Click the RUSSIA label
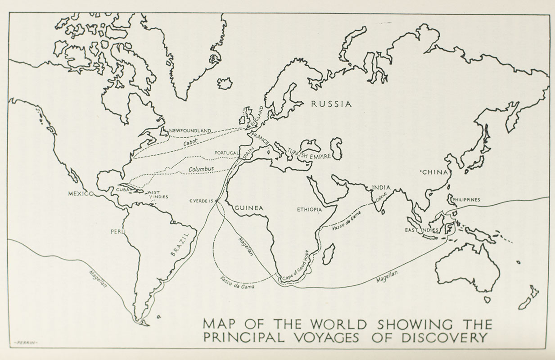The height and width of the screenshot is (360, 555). (331, 104)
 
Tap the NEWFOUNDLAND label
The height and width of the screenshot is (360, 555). (190, 130)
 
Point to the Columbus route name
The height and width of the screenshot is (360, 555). (201, 169)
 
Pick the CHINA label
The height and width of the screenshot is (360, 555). (434, 172)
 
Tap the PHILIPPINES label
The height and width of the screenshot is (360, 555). (466, 199)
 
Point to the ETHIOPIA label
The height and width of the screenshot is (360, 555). (309, 210)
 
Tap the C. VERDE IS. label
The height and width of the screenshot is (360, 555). (201, 201)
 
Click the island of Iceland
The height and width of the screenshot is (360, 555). (224, 83)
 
